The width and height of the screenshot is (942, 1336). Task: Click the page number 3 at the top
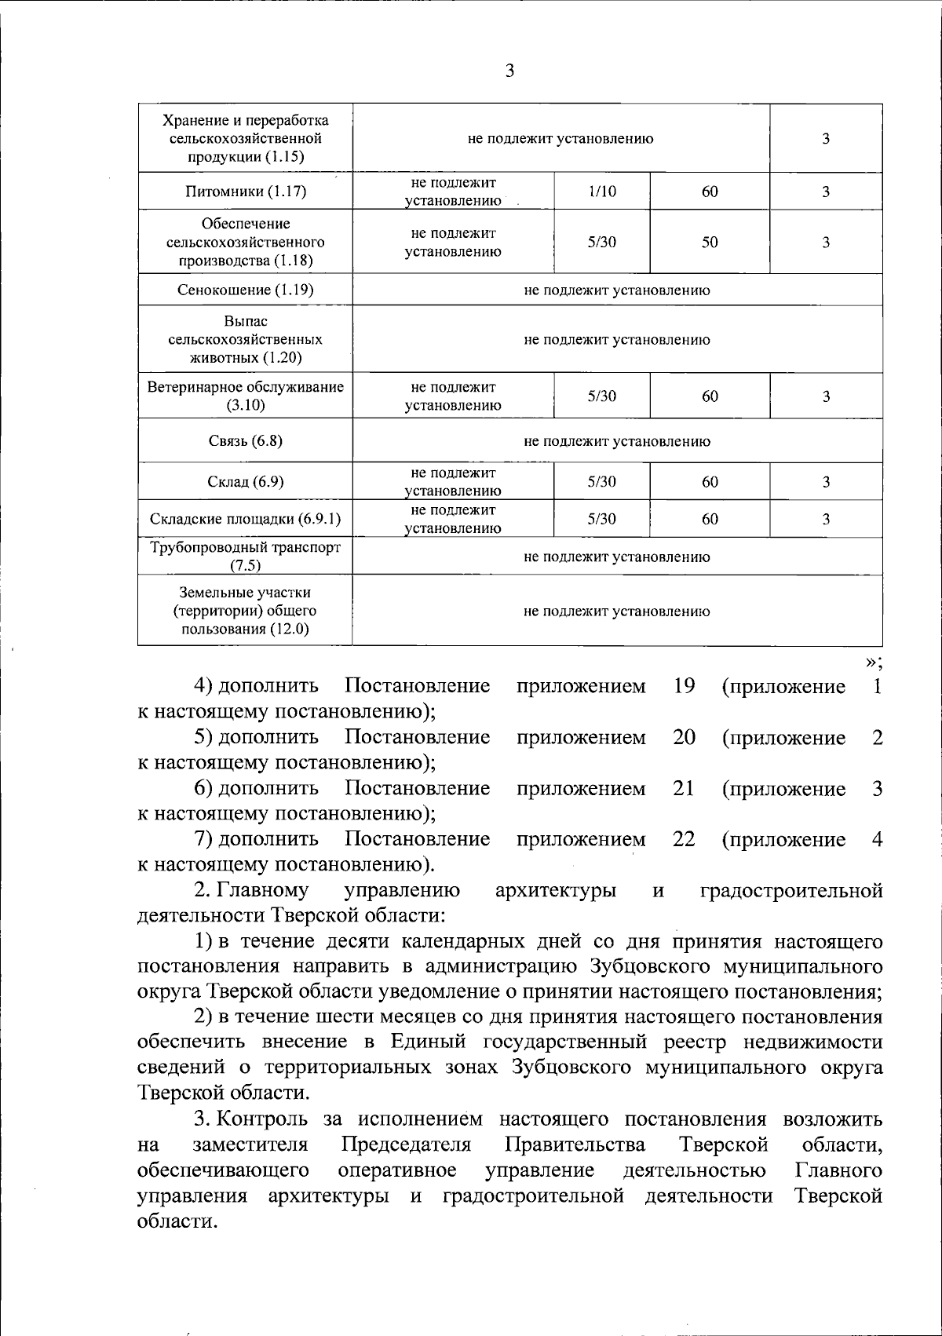(x=509, y=71)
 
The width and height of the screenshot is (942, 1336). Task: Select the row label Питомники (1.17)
(x=246, y=192)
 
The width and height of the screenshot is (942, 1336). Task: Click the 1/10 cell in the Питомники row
(x=601, y=192)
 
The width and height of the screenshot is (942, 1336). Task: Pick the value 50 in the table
(x=710, y=243)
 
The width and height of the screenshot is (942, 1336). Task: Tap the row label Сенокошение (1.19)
(x=246, y=290)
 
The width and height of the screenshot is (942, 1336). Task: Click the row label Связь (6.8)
(x=246, y=440)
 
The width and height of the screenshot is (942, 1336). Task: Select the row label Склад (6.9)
(x=246, y=482)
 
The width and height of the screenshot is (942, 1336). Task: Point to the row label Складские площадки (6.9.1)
(x=246, y=520)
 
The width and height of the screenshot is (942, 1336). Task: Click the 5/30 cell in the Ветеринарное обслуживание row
(x=601, y=396)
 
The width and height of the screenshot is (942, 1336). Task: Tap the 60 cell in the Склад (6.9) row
(x=710, y=482)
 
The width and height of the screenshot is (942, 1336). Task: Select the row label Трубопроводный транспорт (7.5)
(x=246, y=556)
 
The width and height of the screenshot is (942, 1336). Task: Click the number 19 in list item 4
(x=684, y=686)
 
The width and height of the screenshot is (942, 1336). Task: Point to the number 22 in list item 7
(x=684, y=839)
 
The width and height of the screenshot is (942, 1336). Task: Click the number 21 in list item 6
(x=684, y=788)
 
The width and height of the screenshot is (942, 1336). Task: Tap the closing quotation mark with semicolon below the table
(x=874, y=663)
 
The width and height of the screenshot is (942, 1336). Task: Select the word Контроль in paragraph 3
(x=254, y=1119)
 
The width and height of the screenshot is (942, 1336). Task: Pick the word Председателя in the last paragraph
(x=407, y=1144)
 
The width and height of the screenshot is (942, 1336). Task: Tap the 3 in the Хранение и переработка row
(x=826, y=139)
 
